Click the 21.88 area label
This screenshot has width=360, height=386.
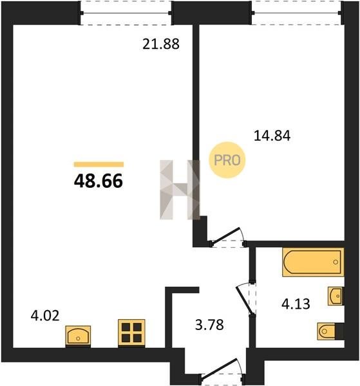(x=161, y=44)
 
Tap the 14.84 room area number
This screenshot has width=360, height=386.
(x=272, y=136)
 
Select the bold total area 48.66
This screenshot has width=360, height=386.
(x=99, y=181)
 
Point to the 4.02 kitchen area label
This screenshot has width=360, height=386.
(x=45, y=316)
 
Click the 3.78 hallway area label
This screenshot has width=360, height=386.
(x=209, y=324)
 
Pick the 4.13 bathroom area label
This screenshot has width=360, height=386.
(x=296, y=304)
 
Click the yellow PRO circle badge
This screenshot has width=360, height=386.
(x=227, y=160)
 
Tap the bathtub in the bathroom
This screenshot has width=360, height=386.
(x=313, y=262)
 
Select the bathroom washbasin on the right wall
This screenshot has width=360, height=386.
(x=336, y=296)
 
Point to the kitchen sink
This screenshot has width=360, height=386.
(x=78, y=336)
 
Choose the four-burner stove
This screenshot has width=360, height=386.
(x=131, y=333)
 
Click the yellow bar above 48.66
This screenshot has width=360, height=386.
(x=99, y=164)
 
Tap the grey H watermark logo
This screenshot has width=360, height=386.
(x=180, y=190)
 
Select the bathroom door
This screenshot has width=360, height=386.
(x=247, y=299)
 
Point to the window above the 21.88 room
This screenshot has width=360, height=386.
(x=126, y=13)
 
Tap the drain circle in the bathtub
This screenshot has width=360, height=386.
(x=336, y=262)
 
